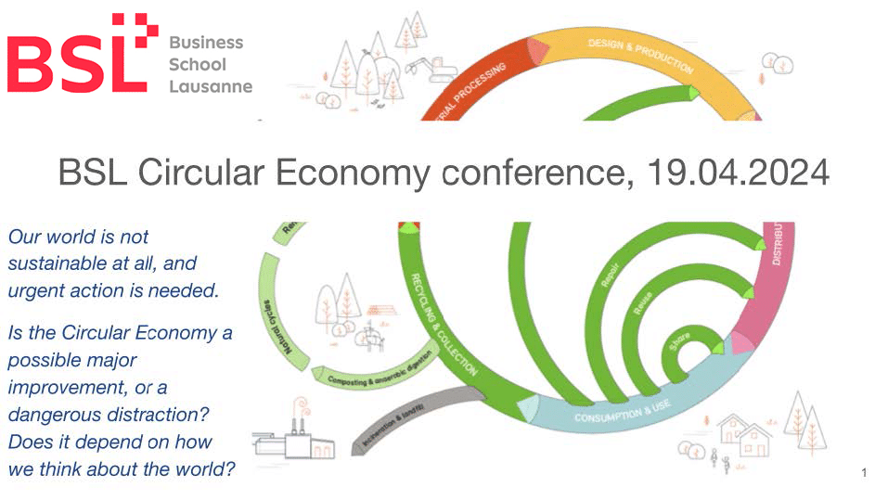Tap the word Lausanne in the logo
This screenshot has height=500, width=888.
211,87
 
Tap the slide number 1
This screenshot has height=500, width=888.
864,474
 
